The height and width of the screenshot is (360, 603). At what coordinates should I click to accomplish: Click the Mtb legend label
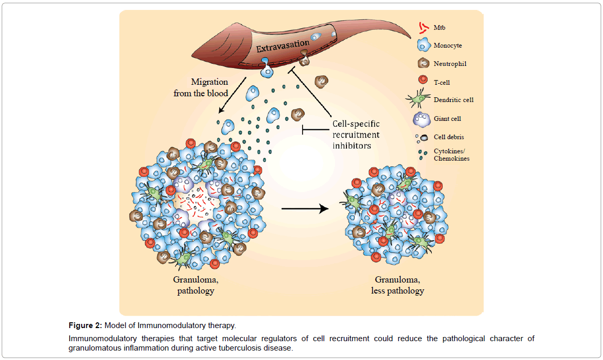click(440, 27)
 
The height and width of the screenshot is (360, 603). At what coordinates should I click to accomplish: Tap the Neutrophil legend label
click(450, 64)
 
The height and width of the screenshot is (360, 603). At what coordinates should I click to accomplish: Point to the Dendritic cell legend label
click(453, 99)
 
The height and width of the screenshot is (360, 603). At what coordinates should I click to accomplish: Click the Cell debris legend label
click(449, 137)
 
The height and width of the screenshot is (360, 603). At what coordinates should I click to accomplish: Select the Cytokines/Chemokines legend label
click(451, 154)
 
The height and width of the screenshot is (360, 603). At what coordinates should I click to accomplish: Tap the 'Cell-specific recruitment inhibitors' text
click(356, 134)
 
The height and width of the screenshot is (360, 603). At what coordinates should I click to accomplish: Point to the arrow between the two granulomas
click(305, 208)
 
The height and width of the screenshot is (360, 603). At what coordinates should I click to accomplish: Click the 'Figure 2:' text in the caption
click(85, 326)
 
